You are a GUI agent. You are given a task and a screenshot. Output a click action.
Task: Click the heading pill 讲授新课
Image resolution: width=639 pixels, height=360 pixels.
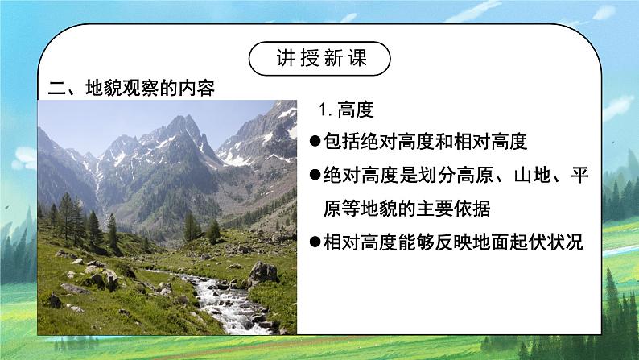pos(319,58)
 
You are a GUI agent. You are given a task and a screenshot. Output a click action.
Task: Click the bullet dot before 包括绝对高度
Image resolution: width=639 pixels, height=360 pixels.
pos(315,143)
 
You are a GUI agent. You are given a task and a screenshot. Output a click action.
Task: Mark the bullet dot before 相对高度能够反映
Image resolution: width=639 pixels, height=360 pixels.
pos(315,242)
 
